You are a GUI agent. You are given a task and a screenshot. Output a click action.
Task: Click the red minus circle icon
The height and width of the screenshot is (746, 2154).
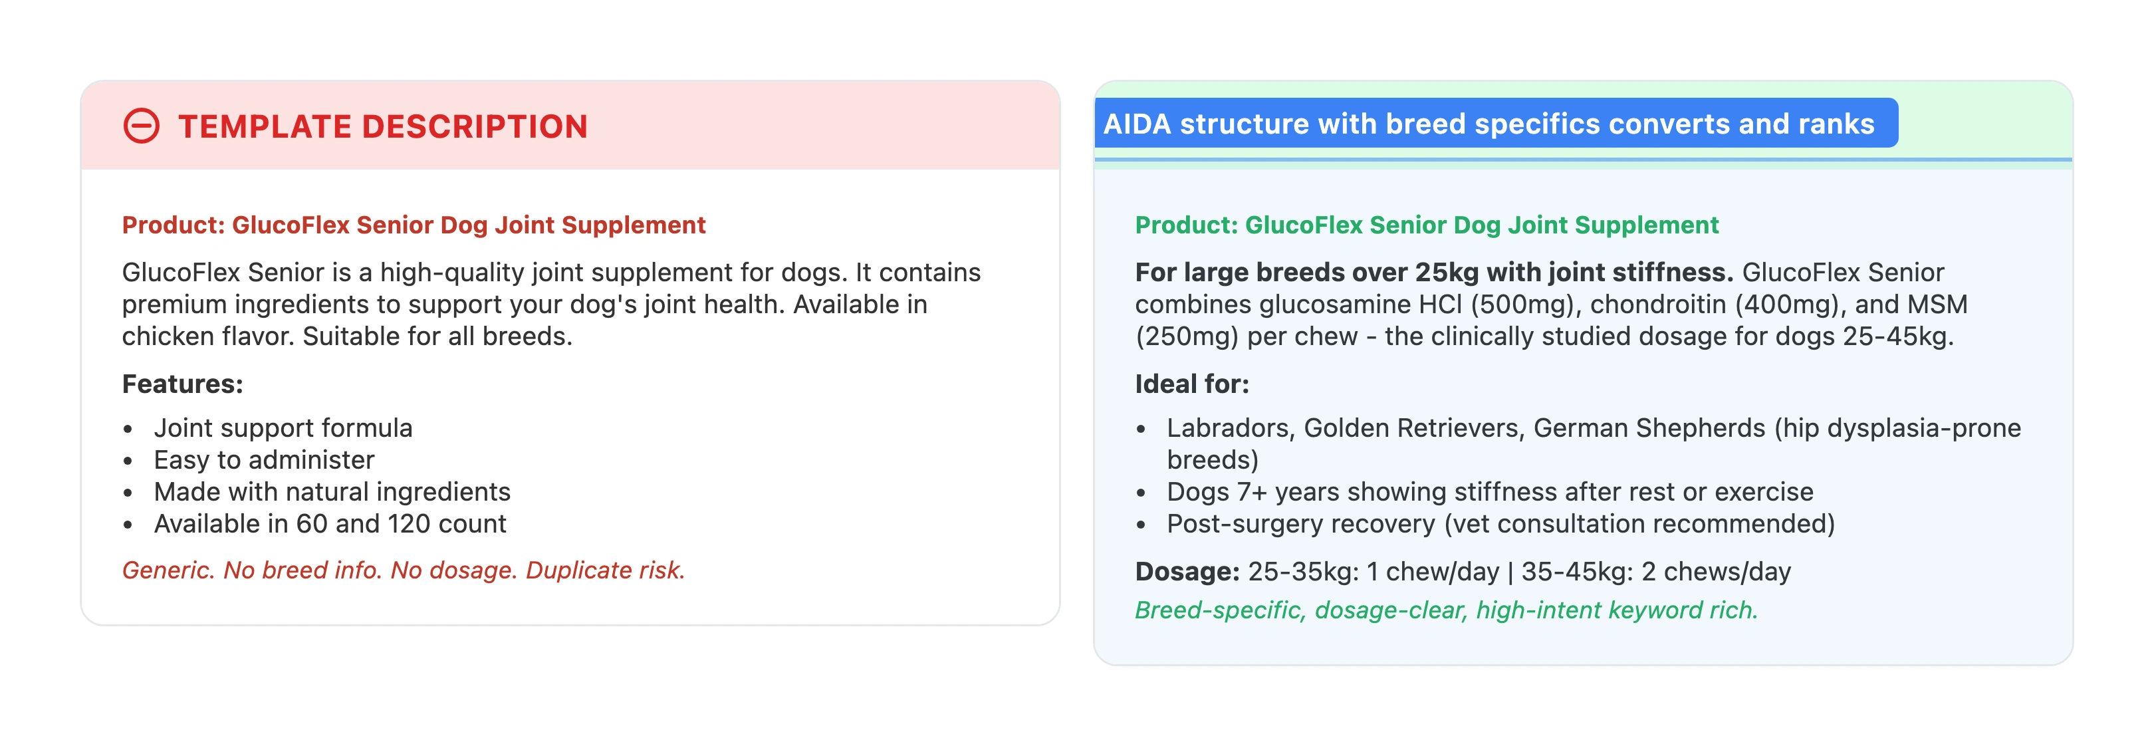pyautogui.click(x=142, y=126)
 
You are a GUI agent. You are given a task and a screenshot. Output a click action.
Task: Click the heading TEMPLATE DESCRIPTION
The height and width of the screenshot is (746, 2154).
pyautogui.click(x=382, y=126)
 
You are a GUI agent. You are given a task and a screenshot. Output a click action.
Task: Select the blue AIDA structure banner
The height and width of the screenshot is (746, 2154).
pyautogui.click(x=1495, y=124)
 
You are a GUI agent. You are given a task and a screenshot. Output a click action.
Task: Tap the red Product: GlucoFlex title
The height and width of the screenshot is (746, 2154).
pyautogui.click(x=414, y=225)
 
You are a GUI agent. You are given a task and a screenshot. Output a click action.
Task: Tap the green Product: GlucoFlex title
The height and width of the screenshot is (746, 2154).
pyautogui.click(x=1427, y=225)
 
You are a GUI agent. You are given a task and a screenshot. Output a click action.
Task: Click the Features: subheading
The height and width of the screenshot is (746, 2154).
pyautogui.click(x=182, y=384)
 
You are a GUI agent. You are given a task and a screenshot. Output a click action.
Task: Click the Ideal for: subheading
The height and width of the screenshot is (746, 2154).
pyautogui.click(x=1191, y=384)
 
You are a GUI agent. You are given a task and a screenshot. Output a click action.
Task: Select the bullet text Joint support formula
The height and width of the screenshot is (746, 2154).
pyautogui.click(x=283, y=428)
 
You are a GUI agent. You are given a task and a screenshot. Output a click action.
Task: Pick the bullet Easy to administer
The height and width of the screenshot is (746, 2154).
pyautogui.click(x=263, y=460)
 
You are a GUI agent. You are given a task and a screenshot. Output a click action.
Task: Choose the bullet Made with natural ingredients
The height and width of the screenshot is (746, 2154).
pyautogui.click(x=332, y=492)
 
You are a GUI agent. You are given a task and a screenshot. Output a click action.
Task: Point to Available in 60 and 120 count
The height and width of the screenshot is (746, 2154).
pyautogui.click(x=330, y=523)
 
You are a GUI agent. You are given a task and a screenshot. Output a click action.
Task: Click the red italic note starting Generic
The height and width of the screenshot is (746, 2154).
pyautogui.click(x=403, y=570)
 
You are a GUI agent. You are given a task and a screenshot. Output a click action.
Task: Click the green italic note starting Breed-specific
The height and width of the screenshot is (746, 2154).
pyautogui.click(x=1446, y=610)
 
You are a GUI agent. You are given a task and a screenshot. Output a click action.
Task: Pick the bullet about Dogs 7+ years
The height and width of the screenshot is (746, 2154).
pyautogui.click(x=1489, y=492)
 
